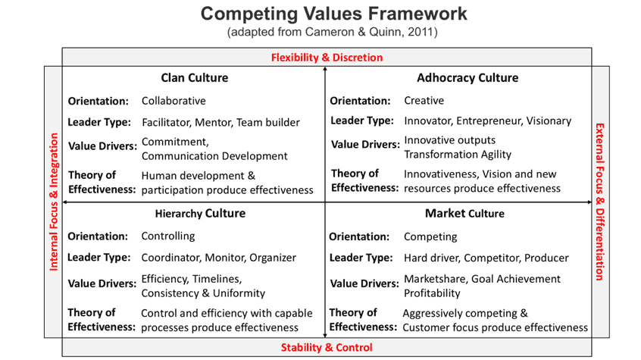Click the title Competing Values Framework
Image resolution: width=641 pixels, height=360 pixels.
point(333,14)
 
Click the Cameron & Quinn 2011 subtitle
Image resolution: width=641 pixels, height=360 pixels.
point(333,32)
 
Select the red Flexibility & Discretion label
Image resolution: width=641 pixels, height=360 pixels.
point(327,58)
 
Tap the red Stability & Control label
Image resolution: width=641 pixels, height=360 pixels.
point(327,347)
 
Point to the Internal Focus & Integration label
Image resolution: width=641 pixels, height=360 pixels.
point(54,202)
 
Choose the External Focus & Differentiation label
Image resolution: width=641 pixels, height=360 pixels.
point(600,202)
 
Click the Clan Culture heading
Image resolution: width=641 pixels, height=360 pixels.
point(195,78)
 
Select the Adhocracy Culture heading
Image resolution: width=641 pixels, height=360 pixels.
point(467,78)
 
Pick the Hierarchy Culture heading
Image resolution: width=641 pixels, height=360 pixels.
point(200,214)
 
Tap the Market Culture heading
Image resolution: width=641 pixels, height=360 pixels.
point(464,214)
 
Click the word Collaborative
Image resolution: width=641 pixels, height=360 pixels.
point(174,101)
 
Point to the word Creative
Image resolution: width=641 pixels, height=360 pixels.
point(424,101)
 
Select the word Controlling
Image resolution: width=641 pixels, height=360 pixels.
point(168,236)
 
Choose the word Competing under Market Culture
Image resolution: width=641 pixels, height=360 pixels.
point(430,237)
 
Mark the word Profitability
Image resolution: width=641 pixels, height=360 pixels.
point(432,293)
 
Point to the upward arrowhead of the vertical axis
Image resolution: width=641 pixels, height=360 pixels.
point(325,69)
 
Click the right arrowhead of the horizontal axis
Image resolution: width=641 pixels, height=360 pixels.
point(589,202)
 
